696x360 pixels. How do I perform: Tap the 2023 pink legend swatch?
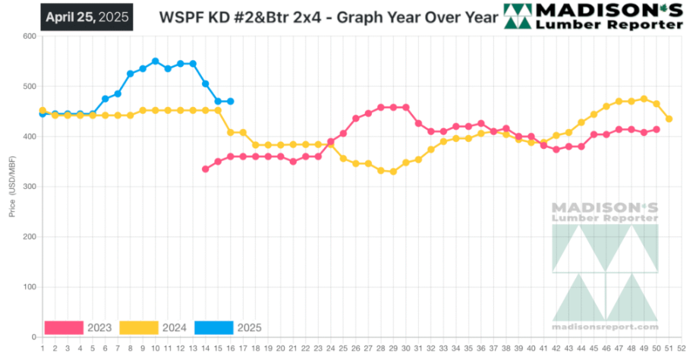[63, 327]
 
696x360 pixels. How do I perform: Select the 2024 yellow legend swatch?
[138, 327]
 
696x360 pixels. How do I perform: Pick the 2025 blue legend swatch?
[213, 327]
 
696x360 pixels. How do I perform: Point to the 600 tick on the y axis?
[30, 36]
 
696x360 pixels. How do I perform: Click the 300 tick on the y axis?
[30, 187]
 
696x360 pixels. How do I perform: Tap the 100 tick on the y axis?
[30, 287]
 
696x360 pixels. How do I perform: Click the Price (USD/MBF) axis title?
[11, 187]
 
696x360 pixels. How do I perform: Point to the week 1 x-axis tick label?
[43, 349]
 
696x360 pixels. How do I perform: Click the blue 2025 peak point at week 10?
[155, 62]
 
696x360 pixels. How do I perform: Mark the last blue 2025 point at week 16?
[230, 101]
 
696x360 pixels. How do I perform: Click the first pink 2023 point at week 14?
[205, 169]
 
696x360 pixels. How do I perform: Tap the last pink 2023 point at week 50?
[656, 130]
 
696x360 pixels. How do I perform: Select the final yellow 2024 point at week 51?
[669, 119]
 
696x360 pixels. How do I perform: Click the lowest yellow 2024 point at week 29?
[393, 172]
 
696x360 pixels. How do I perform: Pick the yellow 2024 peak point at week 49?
[644, 99]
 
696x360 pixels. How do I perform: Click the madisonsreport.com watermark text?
[605, 327]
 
